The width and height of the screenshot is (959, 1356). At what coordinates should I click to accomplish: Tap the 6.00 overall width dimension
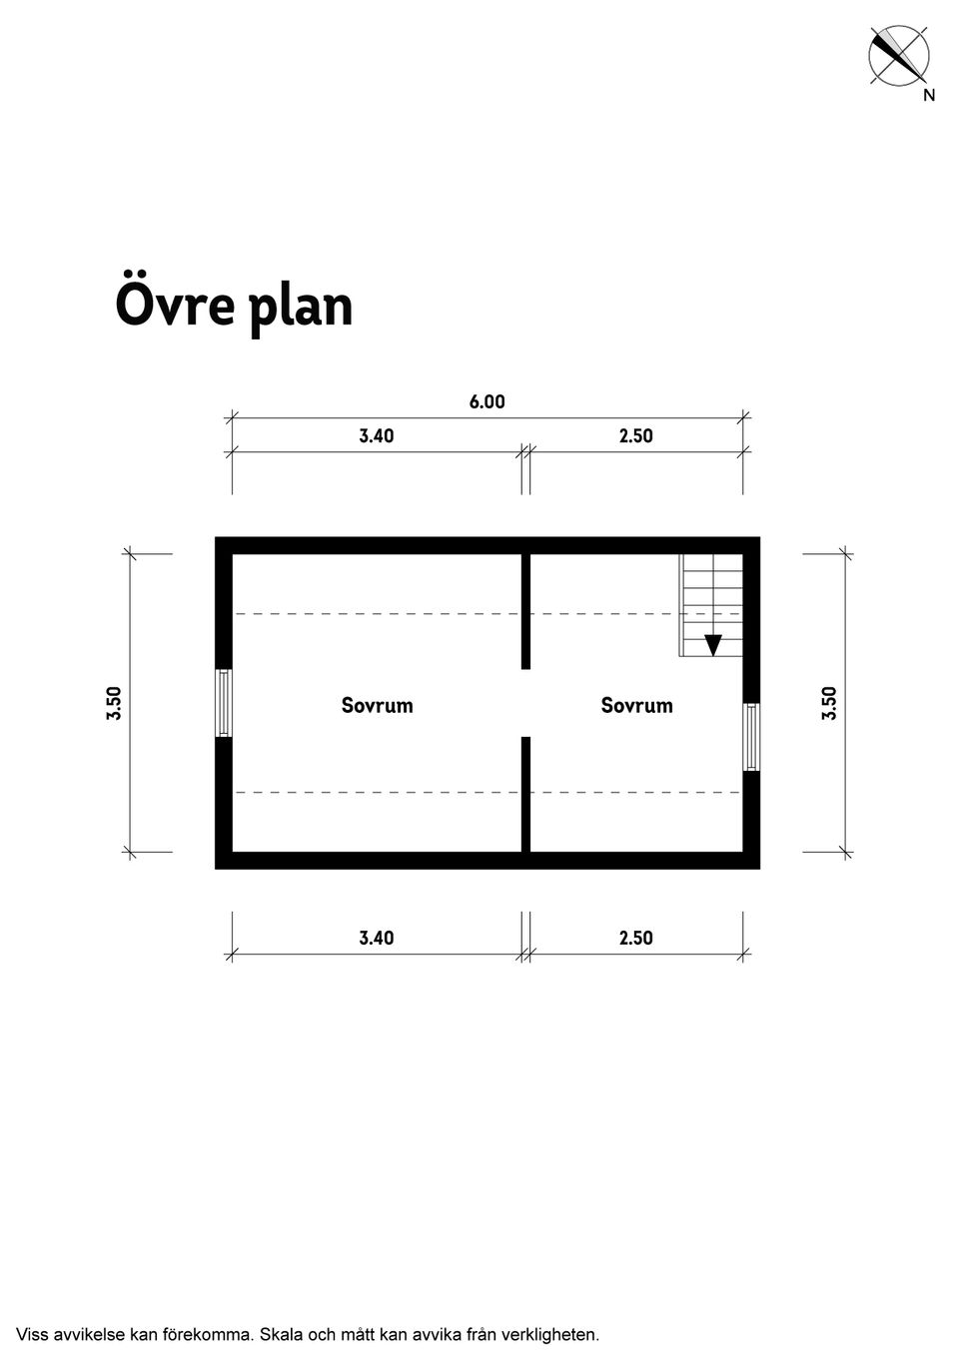pos(486,402)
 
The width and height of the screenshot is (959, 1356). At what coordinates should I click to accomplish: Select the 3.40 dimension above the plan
pos(376,435)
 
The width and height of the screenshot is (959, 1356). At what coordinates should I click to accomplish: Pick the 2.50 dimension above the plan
pos(635,435)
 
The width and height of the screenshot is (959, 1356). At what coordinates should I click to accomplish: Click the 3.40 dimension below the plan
pos(376,938)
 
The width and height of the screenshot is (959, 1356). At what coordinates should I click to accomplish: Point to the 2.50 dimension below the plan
pos(635,938)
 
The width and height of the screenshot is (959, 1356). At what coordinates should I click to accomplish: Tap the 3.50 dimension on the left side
pos(115,703)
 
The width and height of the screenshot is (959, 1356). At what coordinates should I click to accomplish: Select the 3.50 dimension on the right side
pos(829,703)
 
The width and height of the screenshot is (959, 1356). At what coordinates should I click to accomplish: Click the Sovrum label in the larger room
pos(378,705)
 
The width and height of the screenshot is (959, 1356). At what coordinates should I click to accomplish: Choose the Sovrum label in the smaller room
pos(637,705)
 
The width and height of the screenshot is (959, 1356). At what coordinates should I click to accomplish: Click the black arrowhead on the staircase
pos(713,645)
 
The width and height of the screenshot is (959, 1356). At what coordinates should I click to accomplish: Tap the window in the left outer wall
pos(224,703)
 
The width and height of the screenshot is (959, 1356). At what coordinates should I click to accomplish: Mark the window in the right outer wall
pos(751,737)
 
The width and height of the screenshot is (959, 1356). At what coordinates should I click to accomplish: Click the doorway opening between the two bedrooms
pos(526,703)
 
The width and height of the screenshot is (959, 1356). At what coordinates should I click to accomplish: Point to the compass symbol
pos(898,56)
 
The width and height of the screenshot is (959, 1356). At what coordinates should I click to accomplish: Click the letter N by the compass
pos(929,95)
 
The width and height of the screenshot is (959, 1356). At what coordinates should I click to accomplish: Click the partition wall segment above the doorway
pos(526,611)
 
